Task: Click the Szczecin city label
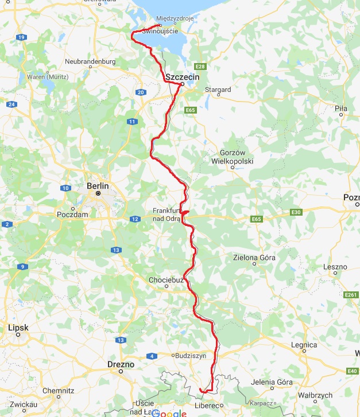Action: coord(182,77)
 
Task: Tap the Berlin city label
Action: coord(97,186)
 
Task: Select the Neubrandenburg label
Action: coord(90,61)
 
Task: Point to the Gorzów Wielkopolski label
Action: coord(236,157)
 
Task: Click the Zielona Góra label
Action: coord(254,258)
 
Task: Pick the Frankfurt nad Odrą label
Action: coord(167,215)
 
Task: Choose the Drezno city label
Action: coord(121,364)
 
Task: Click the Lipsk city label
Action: coord(18,328)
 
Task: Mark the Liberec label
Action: coord(209,406)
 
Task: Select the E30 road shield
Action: coord(296,212)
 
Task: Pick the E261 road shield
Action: coord(351,295)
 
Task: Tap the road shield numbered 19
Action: coord(22,37)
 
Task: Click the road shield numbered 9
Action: coord(22,266)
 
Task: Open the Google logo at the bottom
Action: coord(169,413)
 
